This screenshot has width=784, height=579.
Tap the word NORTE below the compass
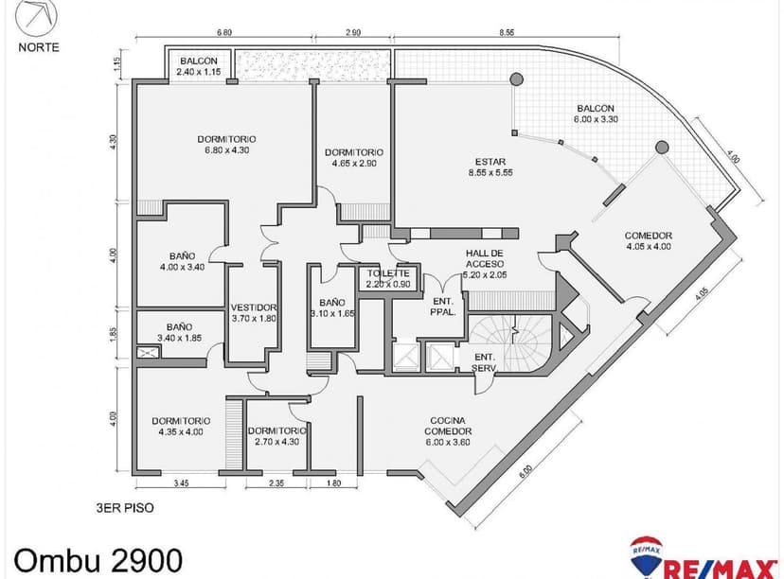click(x=38, y=45)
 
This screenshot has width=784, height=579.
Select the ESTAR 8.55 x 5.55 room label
click(x=490, y=167)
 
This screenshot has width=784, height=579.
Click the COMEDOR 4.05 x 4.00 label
click(x=648, y=241)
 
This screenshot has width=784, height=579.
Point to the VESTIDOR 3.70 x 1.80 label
click(x=253, y=312)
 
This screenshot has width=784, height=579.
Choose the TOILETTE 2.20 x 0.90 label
click(x=388, y=278)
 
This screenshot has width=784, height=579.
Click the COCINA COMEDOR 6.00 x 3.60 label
click(x=448, y=425)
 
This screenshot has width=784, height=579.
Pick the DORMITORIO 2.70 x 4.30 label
click(x=274, y=435)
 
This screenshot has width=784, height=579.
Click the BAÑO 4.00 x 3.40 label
click(x=183, y=261)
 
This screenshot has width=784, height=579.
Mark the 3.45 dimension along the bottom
click(x=181, y=484)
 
